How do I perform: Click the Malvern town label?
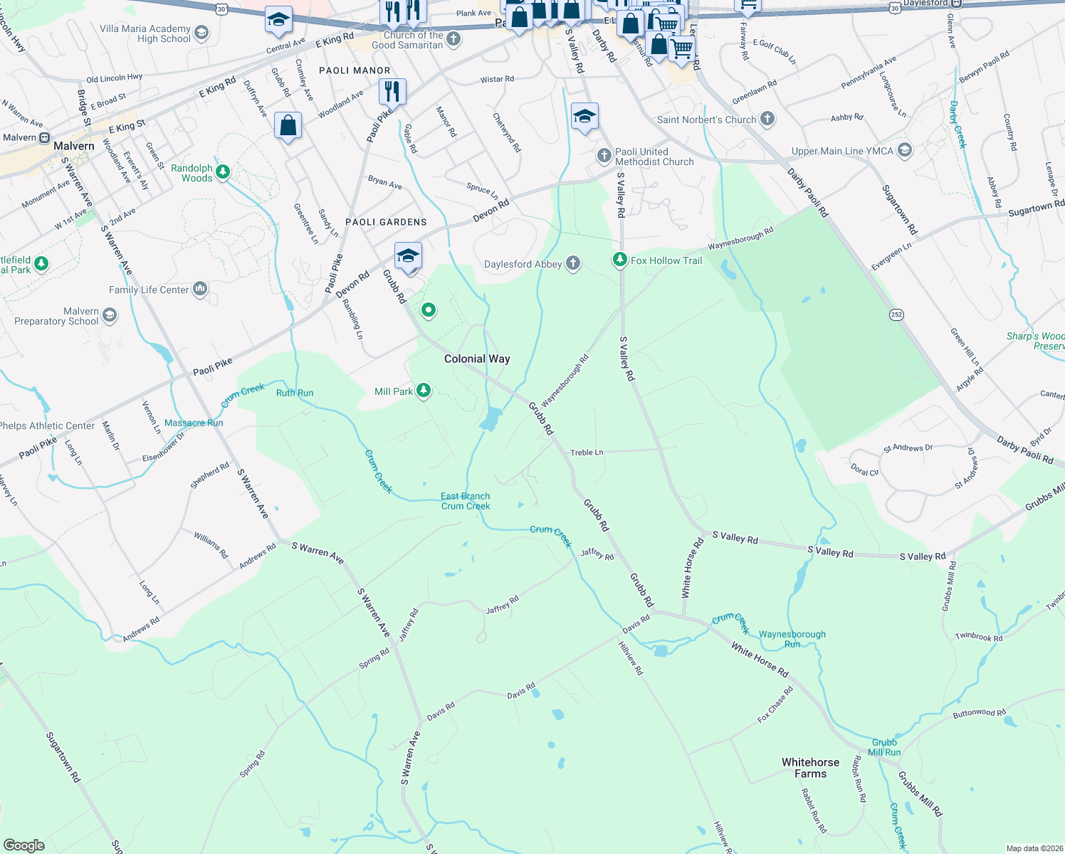(74, 146)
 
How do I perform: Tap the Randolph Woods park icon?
(223, 172)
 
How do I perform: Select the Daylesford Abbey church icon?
(572, 264)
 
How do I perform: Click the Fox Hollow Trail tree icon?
(620, 260)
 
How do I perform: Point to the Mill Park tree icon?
(424, 391)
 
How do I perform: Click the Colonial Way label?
(477, 359)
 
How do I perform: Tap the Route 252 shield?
(896, 314)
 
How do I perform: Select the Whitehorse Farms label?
(810, 768)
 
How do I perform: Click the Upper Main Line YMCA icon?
(904, 150)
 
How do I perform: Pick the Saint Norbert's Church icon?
(767, 119)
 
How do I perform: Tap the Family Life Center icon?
(200, 289)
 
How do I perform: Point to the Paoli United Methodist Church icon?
(604, 155)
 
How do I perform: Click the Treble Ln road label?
(587, 453)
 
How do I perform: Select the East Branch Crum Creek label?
(466, 501)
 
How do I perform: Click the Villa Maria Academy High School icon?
(201, 33)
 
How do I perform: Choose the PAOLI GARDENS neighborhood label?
(386, 222)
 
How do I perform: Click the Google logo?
(23, 845)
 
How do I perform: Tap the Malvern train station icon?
(45, 137)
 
